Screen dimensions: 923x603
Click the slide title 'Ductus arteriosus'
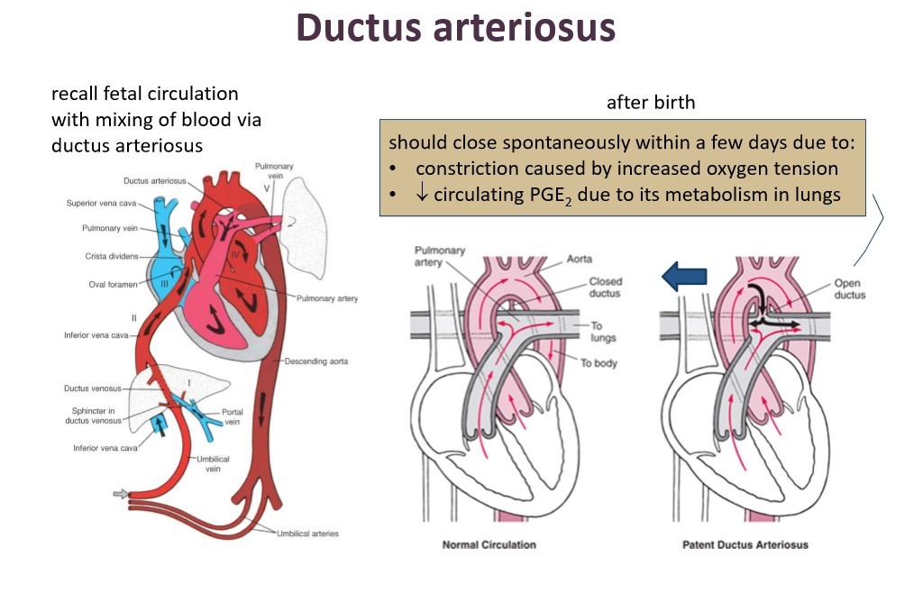(455, 28)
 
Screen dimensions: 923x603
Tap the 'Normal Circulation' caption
(489, 544)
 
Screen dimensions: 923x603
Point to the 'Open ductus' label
(850, 288)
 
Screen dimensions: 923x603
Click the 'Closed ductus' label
(605, 288)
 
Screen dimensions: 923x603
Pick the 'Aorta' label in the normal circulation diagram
(580, 259)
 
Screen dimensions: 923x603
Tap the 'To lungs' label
(603, 333)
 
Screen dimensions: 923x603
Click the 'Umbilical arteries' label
(308, 534)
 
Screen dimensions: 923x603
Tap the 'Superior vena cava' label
(101, 203)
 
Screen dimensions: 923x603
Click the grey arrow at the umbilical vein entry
(120, 494)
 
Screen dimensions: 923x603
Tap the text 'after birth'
(651, 102)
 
